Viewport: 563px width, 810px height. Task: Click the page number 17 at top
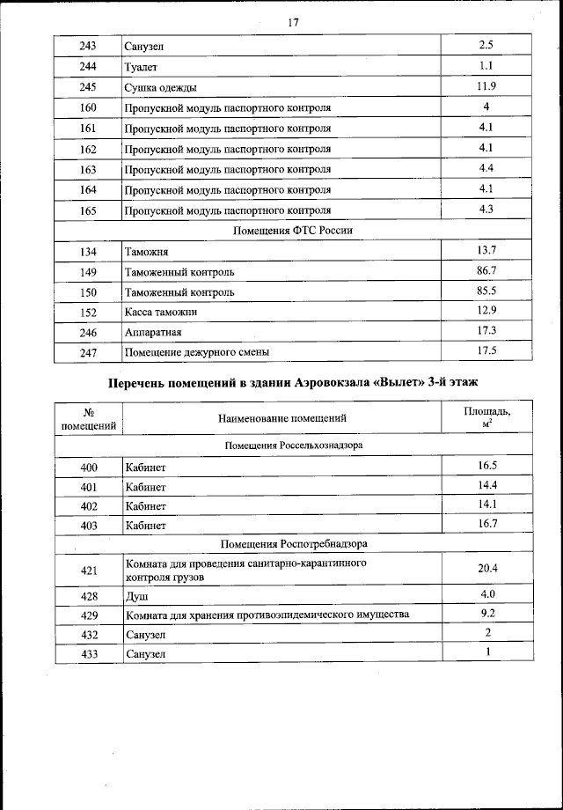[x=293, y=23]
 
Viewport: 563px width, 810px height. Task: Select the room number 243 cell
[x=88, y=45]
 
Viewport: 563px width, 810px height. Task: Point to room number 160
[x=88, y=107]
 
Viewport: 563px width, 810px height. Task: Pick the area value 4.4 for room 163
[x=486, y=167]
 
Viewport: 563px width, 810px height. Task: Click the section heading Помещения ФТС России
[x=292, y=231]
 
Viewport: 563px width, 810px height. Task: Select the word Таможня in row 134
[x=146, y=253]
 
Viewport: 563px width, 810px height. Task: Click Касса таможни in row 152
[x=161, y=313]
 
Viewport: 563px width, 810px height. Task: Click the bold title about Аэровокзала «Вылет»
[x=292, y=383]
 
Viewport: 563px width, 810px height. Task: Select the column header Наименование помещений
[x=282, y=418]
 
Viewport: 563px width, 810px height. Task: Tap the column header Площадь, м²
[x=486, y=417]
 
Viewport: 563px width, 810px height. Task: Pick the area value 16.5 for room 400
[x=486, y=465]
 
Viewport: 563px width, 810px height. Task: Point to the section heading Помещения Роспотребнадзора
[x=292, y=544]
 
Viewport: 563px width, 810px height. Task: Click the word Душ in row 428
[x=136, y=596]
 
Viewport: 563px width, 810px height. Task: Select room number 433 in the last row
[x=88, y=654]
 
